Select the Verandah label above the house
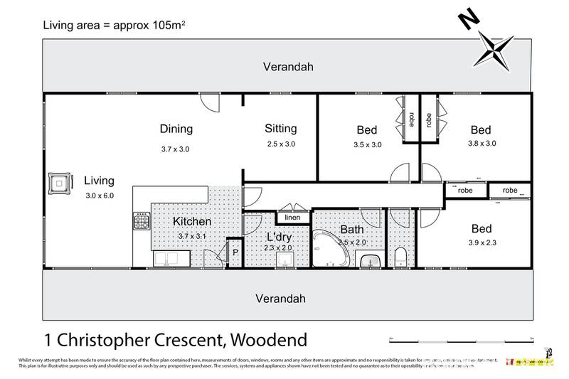tap(287, 68)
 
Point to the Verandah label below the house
tap(287, 297)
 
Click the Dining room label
tap(176, 129)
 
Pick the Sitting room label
tap(280, 129)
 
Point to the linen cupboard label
tap(292, 218)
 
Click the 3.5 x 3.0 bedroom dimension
tap(367, 144)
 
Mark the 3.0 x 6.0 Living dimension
tap(99, 195)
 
